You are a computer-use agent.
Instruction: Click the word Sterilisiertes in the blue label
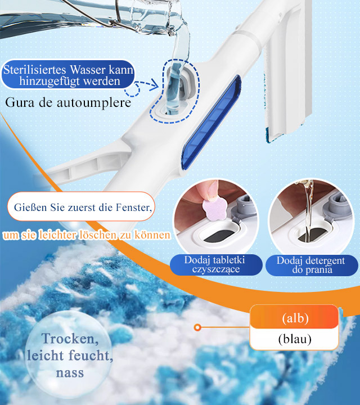pyautogui.click(x=34, y=70)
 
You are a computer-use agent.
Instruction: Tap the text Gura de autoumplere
pyautogui.click(x=68, y=102)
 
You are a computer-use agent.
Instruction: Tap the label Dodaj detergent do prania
pyautogui.click(x=312, y=265)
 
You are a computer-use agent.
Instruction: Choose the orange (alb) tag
pyautogui.click(x=294, y=317)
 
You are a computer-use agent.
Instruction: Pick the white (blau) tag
pyautogui.click(x=294, y=339)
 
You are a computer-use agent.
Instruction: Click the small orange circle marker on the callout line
pyautogui.click(x=197, y=327)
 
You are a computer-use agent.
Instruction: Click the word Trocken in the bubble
pyautogui.click(x=70, y=339)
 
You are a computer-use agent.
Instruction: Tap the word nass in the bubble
pyautogui.click(x=70, y=372)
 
